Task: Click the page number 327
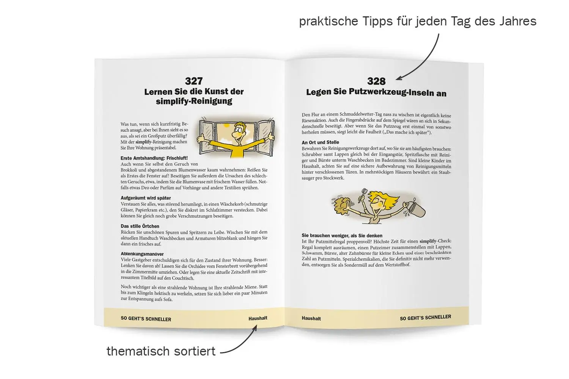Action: point(194,81)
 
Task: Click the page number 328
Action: point(376,81)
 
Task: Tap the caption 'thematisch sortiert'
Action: point(161,351)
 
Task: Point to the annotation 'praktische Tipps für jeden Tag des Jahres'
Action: point(418,21)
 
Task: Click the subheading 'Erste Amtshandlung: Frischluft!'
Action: point(154,158)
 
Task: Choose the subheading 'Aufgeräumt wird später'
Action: point(146,198)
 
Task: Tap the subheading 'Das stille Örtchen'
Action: point(140,226)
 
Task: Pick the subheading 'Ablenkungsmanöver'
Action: point(142,254)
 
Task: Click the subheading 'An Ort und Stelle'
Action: point(320,143)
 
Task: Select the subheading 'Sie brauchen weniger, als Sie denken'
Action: point(342,236)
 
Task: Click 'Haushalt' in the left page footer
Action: point(258,318)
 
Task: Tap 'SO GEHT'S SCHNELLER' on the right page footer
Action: point(426,318)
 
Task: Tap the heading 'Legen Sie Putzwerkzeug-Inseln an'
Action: point(376,92)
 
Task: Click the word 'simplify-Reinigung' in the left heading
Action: point(194,101)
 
